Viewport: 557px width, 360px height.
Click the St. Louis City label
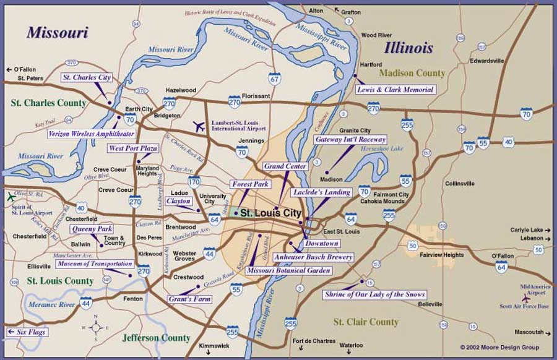point(270,213)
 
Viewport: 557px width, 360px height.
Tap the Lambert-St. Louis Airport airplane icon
point(199,127)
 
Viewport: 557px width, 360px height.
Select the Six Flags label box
point(27,332)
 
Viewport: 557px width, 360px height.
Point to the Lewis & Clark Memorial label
point(395,90)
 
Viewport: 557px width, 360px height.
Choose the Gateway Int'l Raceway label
point(350,140)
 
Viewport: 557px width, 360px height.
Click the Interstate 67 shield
point(275,79)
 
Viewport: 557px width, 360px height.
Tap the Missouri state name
point(57,32)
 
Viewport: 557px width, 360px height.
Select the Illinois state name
point(408,48)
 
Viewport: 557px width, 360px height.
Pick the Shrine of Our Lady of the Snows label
point(375,294)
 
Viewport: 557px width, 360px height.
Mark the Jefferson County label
point(156,338)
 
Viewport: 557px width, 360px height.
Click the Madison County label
point(412,73)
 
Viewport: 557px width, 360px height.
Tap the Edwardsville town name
point(487,61)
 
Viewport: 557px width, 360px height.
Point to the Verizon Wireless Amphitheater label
point(92,134)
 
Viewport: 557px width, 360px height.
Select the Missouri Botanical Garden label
point(288,271)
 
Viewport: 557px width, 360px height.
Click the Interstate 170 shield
point(194,182)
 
